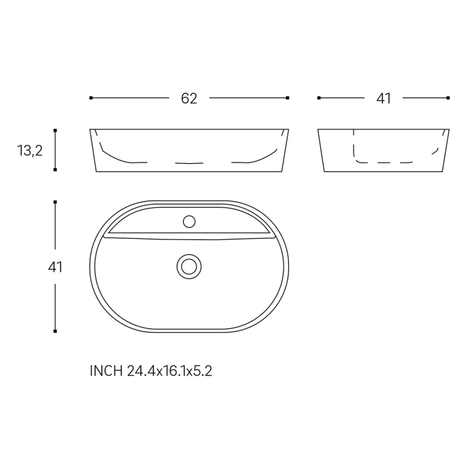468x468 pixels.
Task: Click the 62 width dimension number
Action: point(189,98)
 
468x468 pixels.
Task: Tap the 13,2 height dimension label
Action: point(30,150)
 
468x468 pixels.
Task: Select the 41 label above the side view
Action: point(384,98)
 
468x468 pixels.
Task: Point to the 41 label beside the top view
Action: point(55,267)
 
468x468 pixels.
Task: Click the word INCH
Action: point(106,371)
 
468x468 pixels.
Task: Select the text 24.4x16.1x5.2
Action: point(170,371)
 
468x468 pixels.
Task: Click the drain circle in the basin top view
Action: point(189,267)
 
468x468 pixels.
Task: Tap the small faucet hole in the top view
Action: point(189,222)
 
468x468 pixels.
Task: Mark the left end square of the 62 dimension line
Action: point(91,98)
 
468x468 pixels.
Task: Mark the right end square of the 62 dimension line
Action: point(287,98)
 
